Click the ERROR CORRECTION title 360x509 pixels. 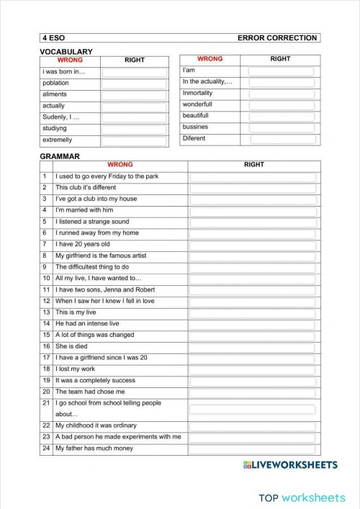click(276, 38)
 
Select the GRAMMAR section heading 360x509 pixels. click(59, 156)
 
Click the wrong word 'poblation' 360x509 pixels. click(55, 83)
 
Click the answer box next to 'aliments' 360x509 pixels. click(134, 94)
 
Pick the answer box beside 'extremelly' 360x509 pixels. click(134, 140)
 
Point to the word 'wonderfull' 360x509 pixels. click(197, 105)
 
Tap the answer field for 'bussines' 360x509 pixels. click(281, 127)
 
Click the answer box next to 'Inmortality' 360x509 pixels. click(281, 94)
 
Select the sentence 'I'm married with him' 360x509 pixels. click(84, 210)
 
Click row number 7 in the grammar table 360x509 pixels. click(45, 244)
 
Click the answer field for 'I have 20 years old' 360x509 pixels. click(253, 244)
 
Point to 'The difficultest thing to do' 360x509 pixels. click(92, 266)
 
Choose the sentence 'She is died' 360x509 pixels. click(72, 346)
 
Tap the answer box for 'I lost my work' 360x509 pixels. click(253, 369)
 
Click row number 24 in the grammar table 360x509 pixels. click(45, 449)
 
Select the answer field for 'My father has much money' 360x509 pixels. click(253, 449)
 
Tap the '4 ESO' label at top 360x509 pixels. click(53, 38)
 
